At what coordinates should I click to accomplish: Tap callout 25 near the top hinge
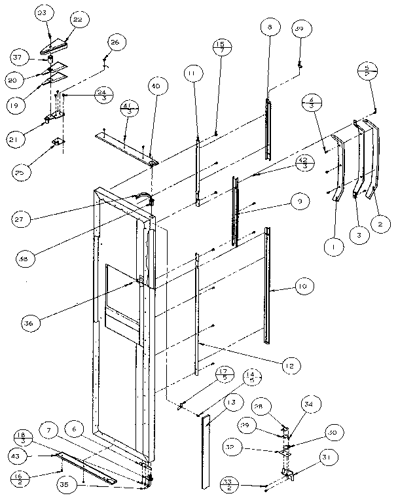coord(20,172)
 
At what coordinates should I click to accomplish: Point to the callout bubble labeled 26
coord(114,43)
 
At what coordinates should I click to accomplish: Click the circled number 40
coord(158,86)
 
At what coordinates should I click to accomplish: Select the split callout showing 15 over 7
coord(219,47)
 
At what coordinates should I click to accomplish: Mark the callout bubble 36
coord(29,321)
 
